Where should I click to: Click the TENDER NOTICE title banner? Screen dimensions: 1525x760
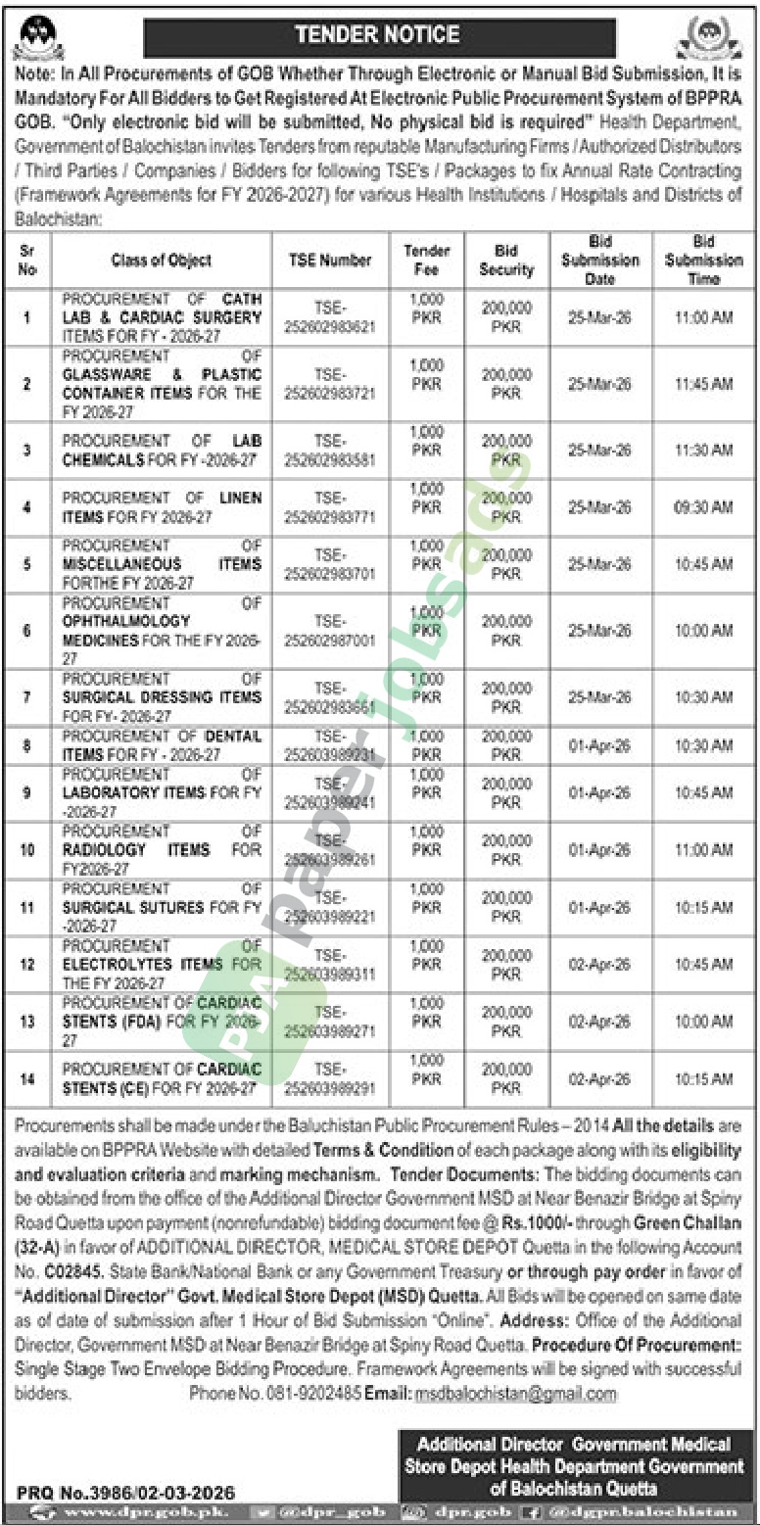(379, 36)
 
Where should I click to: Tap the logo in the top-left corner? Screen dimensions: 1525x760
(38, 37)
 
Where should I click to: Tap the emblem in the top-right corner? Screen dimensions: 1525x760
(709, 38)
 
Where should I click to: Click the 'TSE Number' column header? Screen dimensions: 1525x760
(330, 261)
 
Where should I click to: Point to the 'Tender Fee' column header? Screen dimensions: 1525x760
(427, 261)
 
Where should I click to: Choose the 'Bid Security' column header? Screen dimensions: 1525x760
(506, 261)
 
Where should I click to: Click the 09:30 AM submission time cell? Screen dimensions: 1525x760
(702, 507)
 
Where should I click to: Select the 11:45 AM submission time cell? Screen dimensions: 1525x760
(702, 384)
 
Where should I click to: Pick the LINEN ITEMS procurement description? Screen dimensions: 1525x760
(162, 507)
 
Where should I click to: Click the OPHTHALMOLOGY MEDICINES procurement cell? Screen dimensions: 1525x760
(162, 631)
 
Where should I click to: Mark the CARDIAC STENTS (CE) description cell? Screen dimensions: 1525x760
(162, 1078)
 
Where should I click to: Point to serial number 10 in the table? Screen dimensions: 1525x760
(27, 850)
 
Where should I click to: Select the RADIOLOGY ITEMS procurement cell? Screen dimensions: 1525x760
(162, 850)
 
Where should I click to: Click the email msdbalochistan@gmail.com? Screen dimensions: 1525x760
(515, 1394)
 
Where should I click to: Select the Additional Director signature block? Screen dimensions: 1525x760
(574, 1466)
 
